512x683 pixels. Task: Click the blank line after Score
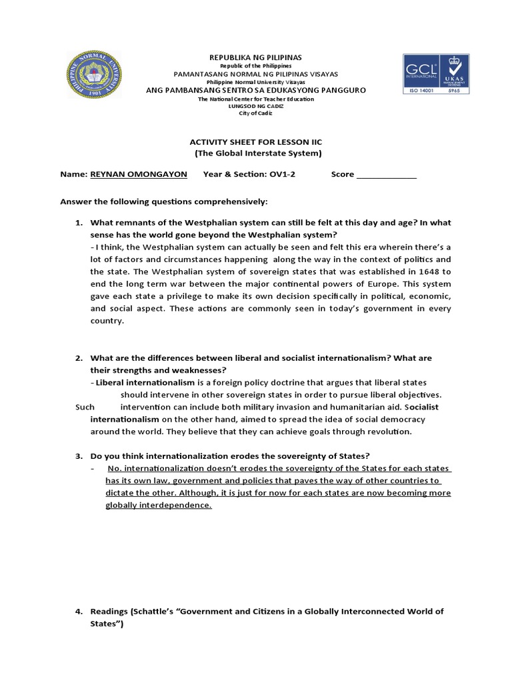pos(387,176)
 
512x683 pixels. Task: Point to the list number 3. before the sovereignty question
pos(78,456)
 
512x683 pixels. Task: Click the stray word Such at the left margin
pos(85,407)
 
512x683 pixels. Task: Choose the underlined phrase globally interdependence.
pos(159,506)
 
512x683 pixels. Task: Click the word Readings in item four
pos(109,612)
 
